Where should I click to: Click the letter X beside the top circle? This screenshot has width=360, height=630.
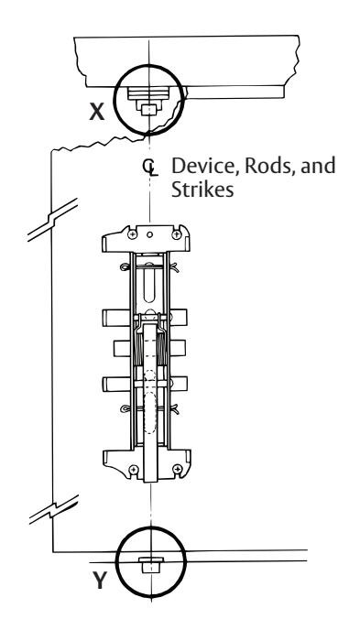coord(97,112)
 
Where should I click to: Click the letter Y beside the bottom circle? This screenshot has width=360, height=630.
coord(100,581)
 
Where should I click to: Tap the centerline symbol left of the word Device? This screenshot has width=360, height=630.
coord(150,168)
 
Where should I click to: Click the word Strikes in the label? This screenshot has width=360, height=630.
coord(202,190)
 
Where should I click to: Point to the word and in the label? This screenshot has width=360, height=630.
coord(318,166)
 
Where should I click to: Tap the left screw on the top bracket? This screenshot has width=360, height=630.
coord(132,234)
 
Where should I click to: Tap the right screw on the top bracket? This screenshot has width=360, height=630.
coord(177,234)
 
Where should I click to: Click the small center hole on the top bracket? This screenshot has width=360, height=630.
coord(149,234)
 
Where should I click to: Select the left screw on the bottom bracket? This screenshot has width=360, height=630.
coord(134,469)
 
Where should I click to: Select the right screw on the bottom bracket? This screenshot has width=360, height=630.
coord(177,469)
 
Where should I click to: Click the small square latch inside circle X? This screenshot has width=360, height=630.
coord(148,110)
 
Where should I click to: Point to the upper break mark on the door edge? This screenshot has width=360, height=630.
coord(52,220)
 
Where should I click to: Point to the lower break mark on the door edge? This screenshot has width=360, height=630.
coord(53,509)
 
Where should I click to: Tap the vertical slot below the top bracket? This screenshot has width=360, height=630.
coord(149,282)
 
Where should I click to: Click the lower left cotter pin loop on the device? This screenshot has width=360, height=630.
coord(125,409)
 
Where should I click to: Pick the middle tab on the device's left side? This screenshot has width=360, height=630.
coord(122,348)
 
